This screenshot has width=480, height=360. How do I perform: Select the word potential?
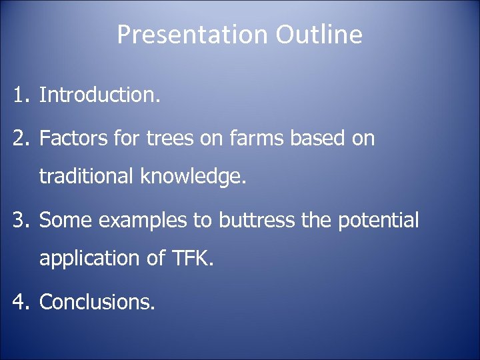(x=379, y=221)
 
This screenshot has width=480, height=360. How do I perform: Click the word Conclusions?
(x=97, y=302)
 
